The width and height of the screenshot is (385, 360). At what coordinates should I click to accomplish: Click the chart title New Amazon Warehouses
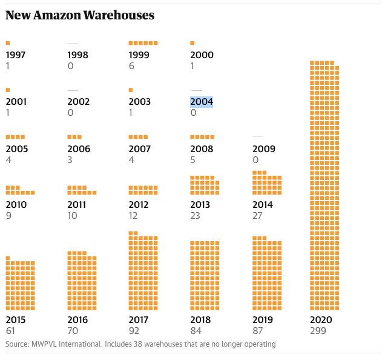click(79, 15)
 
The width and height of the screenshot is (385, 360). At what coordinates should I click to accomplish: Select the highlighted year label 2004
click(202, 102)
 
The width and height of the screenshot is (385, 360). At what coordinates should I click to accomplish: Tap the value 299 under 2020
click(318, 331)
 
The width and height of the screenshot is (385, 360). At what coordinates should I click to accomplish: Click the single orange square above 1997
click(8, 43)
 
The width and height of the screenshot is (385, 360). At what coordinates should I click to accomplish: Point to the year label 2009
click(264, 149)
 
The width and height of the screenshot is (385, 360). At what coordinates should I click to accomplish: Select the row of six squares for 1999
click(143, 43)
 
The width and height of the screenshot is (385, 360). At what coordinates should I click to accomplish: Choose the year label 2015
click(16, 320)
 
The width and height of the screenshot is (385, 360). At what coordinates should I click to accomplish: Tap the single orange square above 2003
click(131, 90)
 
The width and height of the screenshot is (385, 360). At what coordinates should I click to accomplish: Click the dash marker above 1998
click(73, 44)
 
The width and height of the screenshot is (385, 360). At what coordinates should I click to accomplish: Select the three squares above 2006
click(74, 137)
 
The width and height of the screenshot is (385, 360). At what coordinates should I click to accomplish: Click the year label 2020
click(321, 320)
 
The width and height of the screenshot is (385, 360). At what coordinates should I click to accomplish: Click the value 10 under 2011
click(72, 216)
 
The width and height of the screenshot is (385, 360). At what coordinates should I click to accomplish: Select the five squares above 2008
click(202, 137)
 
